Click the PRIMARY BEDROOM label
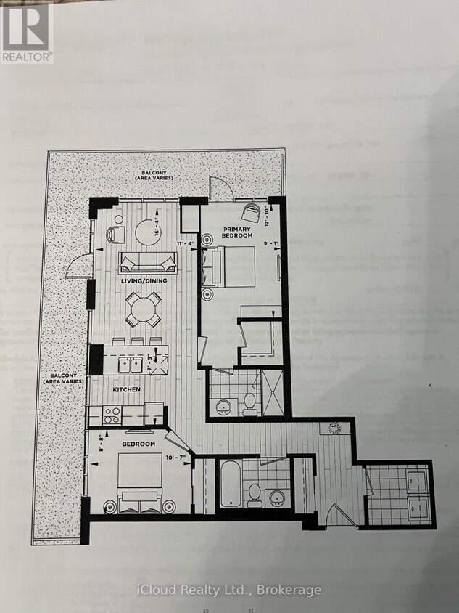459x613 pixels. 237,232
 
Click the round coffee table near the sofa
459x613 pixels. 149,232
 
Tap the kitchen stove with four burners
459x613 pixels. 112,415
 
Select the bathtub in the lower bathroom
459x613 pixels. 228,484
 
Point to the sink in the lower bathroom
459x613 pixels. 276,498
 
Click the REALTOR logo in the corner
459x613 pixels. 27,31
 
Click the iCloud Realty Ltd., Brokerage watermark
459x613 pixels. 229,590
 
